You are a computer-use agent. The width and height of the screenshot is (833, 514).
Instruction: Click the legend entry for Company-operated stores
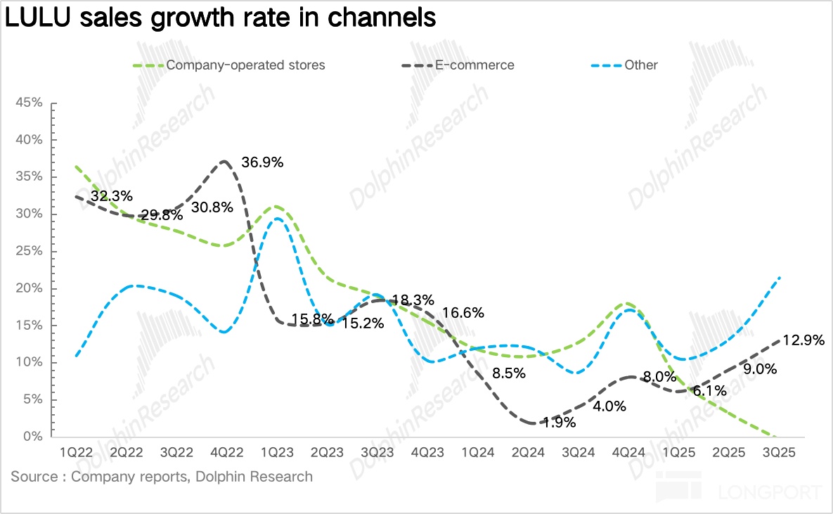(245, 65)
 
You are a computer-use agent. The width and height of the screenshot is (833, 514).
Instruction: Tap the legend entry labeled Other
(640, 65)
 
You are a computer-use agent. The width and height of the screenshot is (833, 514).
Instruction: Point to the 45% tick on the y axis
(29, 103)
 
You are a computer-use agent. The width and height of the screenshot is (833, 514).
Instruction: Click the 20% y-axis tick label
(29, 288)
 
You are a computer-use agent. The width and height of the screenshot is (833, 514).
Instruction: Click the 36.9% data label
(262, 162)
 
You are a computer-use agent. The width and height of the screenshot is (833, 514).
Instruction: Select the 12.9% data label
(803, 341)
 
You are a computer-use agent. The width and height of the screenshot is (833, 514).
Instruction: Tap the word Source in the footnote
(33, 477)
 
